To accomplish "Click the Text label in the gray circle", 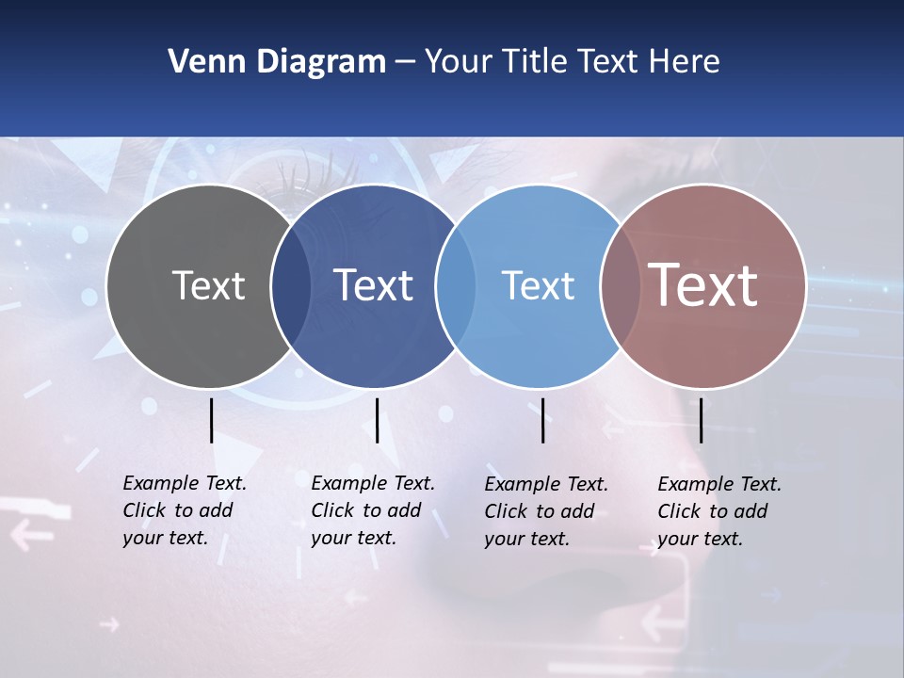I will click(x=208, y=285).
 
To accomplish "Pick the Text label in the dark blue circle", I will click(x=374, y=285).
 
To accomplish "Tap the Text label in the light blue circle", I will click(x=538, y=285).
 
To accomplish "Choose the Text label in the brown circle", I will click(x=703, y=285).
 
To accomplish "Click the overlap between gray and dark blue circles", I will click(x=291, y=286).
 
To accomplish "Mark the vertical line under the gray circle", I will click(x=211, y=420).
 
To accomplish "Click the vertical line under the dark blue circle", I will click(x=377, y=420).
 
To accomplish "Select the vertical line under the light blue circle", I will click(x=542, y=420).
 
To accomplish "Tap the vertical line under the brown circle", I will click(x=701, y=420).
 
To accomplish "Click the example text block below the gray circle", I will click(x=185, y=510).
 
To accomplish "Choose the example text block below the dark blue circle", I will click(x=373, y=510).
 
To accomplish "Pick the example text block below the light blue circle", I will click(x=546, y=511).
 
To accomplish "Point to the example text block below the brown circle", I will click(x=719, y=511).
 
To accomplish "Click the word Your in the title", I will click(x=460, y=62).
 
